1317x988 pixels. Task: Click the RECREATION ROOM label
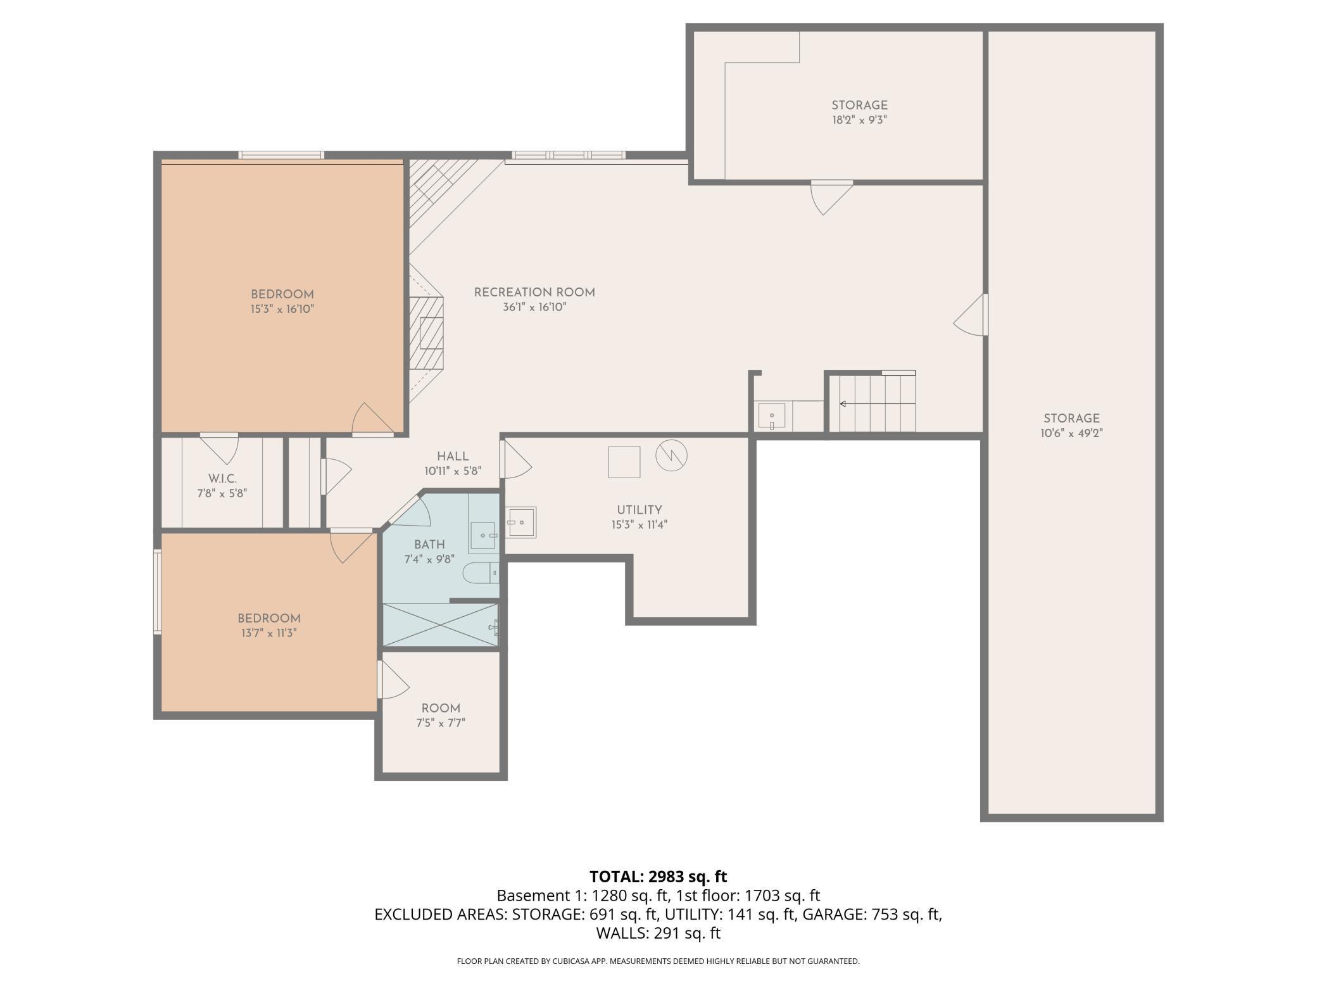534,293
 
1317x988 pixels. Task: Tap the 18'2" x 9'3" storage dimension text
859,120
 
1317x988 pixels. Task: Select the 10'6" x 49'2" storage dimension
1071,433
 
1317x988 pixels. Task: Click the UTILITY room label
640,510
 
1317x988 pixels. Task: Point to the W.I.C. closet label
222,479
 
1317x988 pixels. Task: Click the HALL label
453,456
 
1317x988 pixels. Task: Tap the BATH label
429,545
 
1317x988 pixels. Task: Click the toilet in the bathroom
481,574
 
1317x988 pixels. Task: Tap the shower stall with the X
440,626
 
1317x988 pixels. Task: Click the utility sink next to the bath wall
521,522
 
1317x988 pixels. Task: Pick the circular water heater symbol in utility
671,455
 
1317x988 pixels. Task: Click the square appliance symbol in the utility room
624,462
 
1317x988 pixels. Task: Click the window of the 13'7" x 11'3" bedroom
158,592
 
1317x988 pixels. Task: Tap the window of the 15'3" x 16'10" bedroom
281,155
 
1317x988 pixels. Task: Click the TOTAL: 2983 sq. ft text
658,877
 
